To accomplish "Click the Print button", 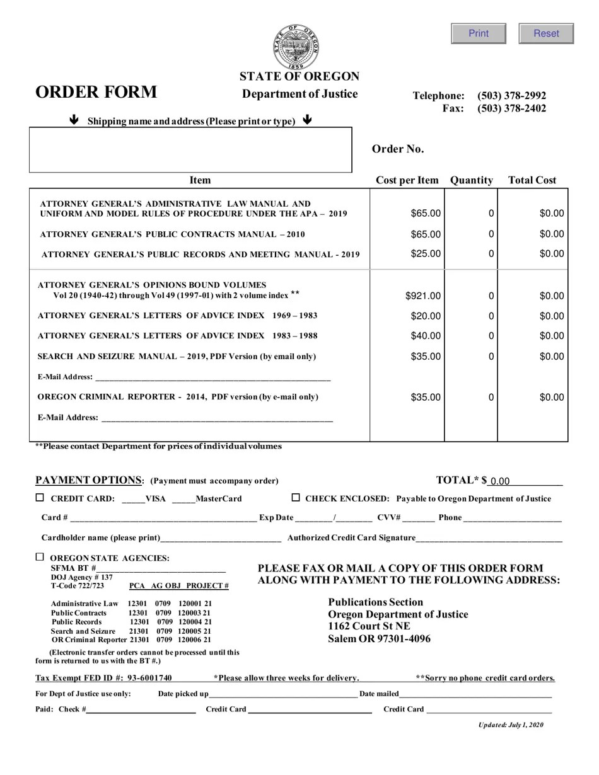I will click(x=479, y=33).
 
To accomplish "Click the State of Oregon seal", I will click(x=296, y=47).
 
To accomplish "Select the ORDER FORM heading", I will click(x=96, y=92).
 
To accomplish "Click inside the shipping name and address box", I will click(x=190, y=150).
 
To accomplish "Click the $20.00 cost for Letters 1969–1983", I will click(x=426, y=316).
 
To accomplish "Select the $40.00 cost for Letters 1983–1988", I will click(x=426, y=336).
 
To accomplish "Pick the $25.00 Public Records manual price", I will click(x=426, y=254).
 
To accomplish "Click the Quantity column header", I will click(x=471, y=180).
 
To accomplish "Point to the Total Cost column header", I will click(x=532, y=180).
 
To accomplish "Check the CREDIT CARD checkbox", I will click(x=40, y=498).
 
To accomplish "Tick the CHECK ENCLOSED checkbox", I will click(x=296, y=498).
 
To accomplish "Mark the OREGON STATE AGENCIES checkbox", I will click(x=40, y=557).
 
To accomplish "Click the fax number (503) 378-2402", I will click(x=511, y=108).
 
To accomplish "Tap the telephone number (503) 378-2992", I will click(x=511, y=96).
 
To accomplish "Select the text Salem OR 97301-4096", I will click(x=379, y=639).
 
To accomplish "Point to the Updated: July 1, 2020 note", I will click(x=510, y=725).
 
